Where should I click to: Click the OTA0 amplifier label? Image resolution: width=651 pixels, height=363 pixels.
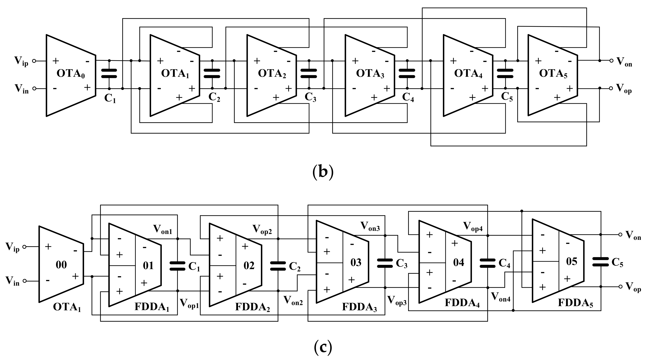70,74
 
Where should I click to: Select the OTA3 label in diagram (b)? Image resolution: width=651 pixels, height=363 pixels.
370,74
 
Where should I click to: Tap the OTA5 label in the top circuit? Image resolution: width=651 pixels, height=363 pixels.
553,74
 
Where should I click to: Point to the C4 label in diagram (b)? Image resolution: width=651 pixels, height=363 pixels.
408,97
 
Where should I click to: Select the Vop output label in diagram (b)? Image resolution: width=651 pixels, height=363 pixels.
624,89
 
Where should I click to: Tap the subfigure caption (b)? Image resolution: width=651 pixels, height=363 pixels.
323,172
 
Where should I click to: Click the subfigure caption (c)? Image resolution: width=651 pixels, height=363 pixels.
323,347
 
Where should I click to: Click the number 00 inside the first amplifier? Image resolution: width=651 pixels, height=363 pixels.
61,265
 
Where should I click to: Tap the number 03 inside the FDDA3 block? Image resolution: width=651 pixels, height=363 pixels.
356,263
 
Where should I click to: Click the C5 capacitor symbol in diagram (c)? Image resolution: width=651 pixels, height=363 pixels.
600,262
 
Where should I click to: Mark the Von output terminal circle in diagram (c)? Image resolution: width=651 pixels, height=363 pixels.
620,234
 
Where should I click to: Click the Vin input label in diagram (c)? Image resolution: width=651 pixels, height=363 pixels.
12,281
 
